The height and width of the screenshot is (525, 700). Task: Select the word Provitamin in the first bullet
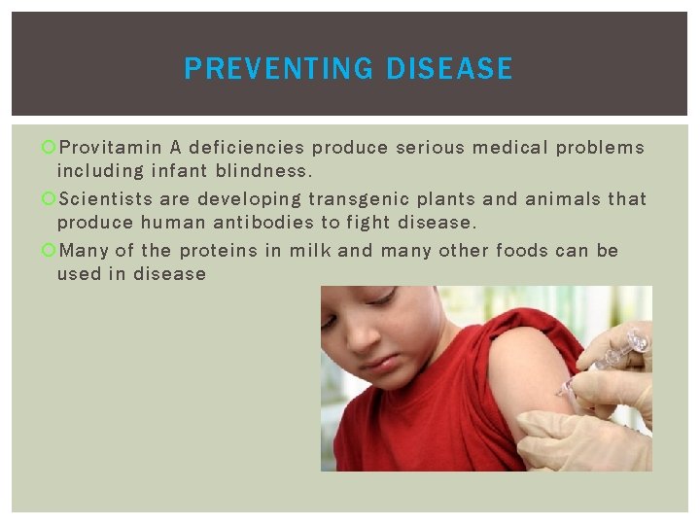click(x=111, y=148)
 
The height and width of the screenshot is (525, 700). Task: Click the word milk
click(x=310, y=251)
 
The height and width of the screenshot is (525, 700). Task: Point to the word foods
click(x=522, y=251)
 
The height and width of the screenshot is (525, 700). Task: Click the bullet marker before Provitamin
click(x=50, y=149)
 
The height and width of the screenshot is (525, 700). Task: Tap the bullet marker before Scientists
click(x=50, y=200)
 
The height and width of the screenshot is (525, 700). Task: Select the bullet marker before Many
click(x=50, y=252)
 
